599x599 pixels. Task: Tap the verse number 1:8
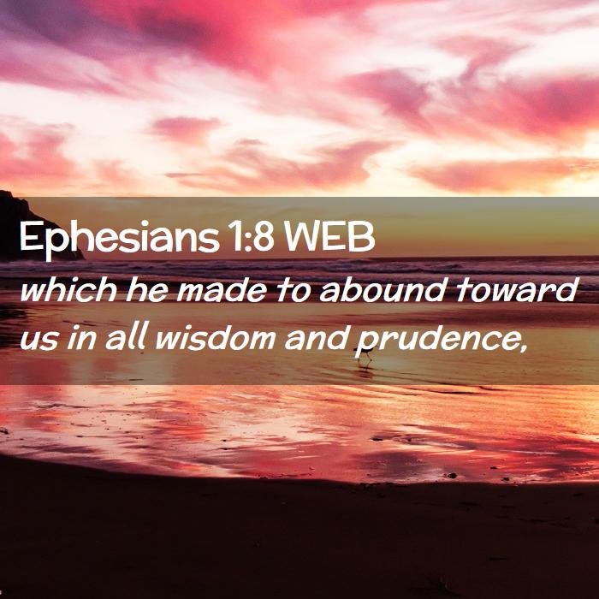coord(252,237)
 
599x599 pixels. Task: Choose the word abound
coord(383,289)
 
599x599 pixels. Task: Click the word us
coord(39,339)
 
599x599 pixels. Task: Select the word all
coord(126,337)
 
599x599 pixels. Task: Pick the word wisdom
coord(215,337)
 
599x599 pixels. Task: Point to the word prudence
coord(438,340)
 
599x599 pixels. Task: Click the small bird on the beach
coord(365,353)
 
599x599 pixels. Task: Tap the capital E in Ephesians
coord(29,237)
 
